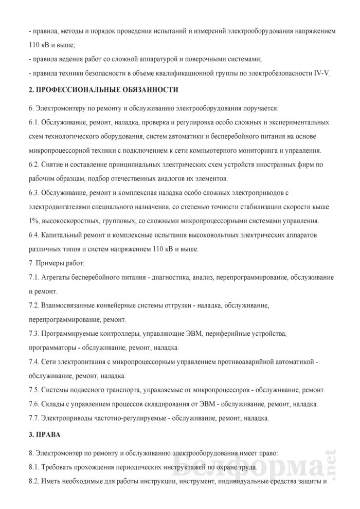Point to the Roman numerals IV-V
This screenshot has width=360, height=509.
[x=320, y=72]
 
